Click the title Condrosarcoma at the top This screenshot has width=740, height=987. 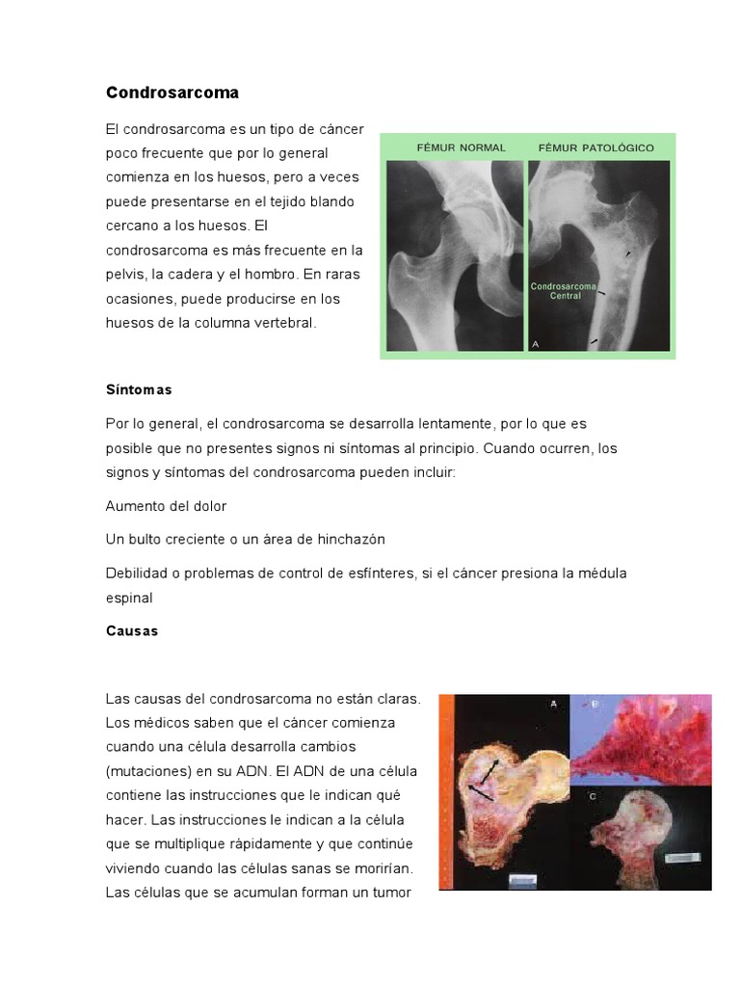click(x=172, y=93)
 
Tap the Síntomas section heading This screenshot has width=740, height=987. click(x=139, y=390)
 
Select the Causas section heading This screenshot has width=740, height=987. click(x=132, y=631)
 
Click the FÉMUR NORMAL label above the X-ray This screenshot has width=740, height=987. click(x=461, y=147)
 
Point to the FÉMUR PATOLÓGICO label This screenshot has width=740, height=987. click(x=595, y=147)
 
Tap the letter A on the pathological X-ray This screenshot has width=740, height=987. click(x=536, y=343)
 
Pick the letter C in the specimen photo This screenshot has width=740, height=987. click(x=593, y=796)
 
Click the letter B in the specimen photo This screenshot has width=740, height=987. click(x=595, y=705)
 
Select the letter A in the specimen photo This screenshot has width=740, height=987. click(x=553, y=704)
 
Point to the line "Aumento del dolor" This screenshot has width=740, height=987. click(x=166, y=506)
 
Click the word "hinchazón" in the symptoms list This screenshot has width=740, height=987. click(x=351, y=539)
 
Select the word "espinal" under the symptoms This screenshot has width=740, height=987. click(x=129, y=598)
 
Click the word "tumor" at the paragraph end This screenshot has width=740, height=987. click(x=391, y=893)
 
